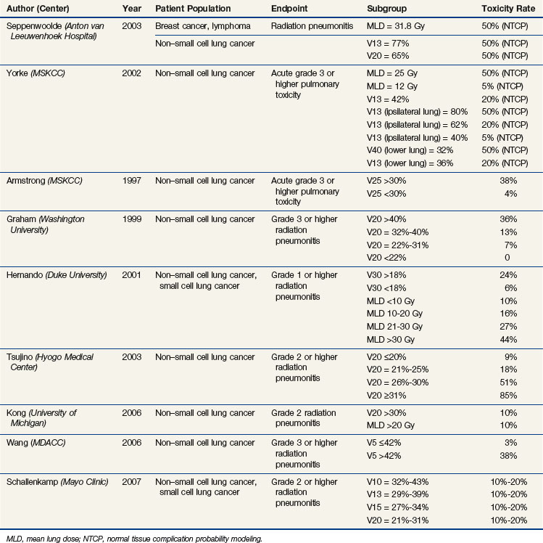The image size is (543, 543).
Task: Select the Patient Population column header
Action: tap(193, 9)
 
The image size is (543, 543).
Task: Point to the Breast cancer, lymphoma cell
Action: tap(204, 25)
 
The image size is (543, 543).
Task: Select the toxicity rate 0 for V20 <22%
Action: tap(507, 257)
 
